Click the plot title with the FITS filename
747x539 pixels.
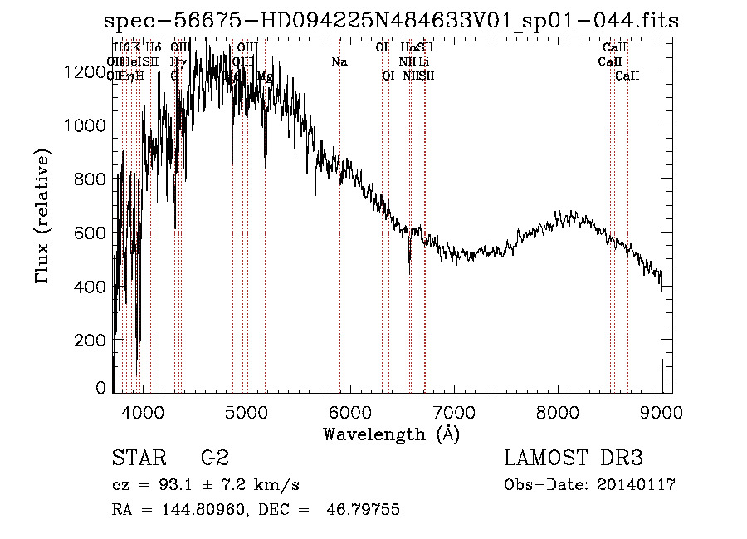click(392, 22)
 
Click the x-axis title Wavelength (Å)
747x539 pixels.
click(391, 434)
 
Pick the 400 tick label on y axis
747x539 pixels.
click(90, 287)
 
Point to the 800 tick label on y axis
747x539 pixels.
click(90, 179)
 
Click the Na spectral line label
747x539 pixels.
click(339, 62)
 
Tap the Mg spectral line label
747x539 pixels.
click(265, 76)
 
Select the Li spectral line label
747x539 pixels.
click(424, 62)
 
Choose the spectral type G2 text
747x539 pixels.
click(214, 458)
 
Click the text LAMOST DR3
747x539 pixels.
click(574, 458)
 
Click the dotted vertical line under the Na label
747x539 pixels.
click(339, 249)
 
